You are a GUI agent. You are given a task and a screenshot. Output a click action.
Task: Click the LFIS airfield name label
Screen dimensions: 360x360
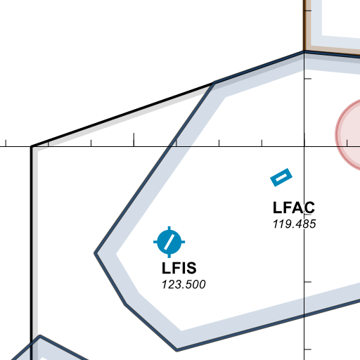tap(179, 268)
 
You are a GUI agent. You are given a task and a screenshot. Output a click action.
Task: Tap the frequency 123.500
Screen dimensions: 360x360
tap(184, 285)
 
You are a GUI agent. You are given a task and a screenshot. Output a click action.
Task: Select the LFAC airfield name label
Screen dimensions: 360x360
tap(294, 207)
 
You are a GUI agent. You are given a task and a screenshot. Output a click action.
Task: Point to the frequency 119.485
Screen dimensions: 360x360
tap(295, 224)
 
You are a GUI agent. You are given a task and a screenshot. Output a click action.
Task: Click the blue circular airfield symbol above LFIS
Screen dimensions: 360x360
tap(169, 242)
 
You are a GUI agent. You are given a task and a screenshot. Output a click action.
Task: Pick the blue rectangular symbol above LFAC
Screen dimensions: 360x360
tap(281, 177)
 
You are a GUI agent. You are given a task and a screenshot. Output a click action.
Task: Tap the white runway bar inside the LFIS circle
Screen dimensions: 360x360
tap(169, 242)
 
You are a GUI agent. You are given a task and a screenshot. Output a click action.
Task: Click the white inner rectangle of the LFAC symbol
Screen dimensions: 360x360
tap(281, 177)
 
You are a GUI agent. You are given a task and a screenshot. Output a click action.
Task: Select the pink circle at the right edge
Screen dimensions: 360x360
tap(348, 135)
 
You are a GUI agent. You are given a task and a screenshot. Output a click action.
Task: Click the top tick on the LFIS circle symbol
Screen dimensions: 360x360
tap(169, 229)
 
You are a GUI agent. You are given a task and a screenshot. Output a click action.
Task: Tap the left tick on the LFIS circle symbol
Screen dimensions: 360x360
tap(155, 242)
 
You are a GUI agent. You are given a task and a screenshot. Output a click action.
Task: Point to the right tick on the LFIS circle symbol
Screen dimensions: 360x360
tap(183, 242)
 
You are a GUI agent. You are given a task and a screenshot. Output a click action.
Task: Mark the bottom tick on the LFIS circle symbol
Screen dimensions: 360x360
tap(169, 255)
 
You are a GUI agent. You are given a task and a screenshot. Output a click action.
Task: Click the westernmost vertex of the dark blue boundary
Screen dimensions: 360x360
tap(95, 253)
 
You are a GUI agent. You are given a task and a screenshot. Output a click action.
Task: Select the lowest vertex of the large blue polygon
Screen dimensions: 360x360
tap(176, 350)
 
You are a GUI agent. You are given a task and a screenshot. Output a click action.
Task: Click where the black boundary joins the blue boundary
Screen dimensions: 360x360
tap(214, 82)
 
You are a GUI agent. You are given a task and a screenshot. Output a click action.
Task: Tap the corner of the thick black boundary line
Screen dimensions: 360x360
tap(32, 147)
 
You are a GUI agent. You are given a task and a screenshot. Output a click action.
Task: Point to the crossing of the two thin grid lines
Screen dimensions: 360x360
tap(304, 147)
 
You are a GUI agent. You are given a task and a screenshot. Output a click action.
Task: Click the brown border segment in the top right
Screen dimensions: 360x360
tap(304, 25)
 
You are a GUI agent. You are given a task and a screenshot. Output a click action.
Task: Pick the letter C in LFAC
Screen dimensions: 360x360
tap(309, 207)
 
